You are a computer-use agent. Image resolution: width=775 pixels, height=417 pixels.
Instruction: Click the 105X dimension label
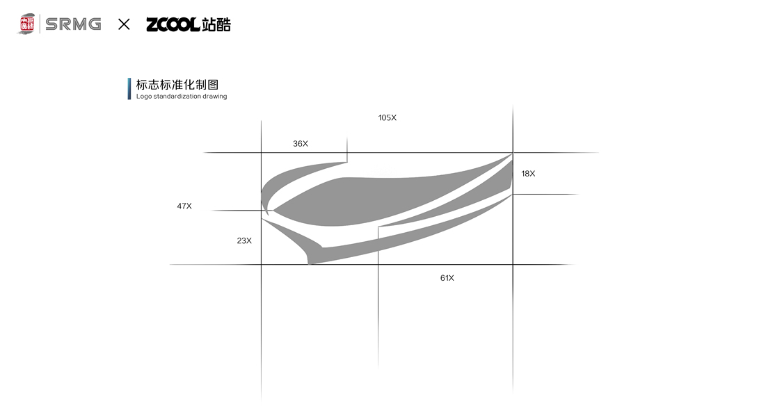(387, 117)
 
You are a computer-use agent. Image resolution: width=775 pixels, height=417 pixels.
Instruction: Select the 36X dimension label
(301, 144)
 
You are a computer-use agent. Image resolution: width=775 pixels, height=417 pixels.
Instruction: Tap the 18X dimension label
(528, 173)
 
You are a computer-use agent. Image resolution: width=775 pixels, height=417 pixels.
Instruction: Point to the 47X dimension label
(184, 206)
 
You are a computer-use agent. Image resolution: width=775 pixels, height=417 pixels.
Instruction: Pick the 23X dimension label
(244, 240)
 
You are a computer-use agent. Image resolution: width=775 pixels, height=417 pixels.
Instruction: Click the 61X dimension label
(447, 278)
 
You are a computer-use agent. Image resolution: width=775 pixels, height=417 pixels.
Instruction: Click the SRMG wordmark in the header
(73, 24)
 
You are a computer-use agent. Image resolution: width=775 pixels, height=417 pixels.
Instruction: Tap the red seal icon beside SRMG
(27, 24)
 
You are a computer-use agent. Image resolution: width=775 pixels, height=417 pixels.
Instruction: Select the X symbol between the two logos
(124, 24)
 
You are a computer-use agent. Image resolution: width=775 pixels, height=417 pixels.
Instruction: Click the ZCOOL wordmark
(173, 25)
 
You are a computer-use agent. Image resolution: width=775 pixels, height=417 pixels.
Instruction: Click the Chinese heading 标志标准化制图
(177, 85)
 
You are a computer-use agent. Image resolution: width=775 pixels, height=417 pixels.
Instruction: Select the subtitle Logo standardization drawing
(182, 97)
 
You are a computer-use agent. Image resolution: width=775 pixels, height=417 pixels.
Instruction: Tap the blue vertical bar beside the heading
(129, 89)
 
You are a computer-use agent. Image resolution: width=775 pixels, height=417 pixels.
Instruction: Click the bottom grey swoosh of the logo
(390, 243)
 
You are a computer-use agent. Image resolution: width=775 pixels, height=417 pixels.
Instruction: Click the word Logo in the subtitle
(143, 97)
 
